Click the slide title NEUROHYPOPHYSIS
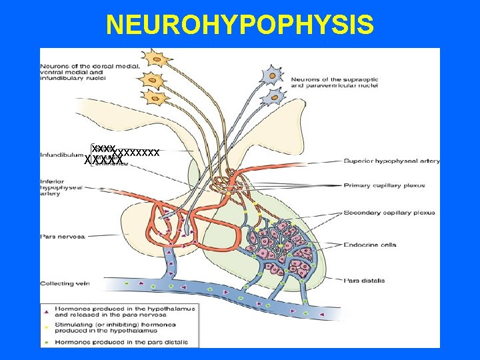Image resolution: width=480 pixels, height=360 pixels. [x=240, y=25]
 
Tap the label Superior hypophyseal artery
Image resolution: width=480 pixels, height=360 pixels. [x=392, y=161]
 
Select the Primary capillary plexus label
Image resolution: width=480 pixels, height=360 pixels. [x=387, y=185]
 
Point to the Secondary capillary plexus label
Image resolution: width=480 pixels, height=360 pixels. [x=389, y=213]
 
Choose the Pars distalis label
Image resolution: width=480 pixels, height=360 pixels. [x=364, y=281]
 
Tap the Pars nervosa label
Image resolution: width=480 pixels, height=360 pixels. [x=59, y=236]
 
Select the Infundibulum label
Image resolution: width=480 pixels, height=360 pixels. [x=61, y=155]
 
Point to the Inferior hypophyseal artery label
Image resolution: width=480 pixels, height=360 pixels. [x=61, y=187]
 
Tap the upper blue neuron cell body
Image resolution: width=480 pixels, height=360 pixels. [x=273, y=75]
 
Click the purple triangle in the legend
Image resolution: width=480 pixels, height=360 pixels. [x=45, y=311]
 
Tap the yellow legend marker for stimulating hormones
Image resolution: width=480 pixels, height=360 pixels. [x=45, y=327]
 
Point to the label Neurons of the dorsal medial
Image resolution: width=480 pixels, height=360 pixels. [x=89, y=66]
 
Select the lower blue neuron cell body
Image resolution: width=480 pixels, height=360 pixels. [x=272, y=97]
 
